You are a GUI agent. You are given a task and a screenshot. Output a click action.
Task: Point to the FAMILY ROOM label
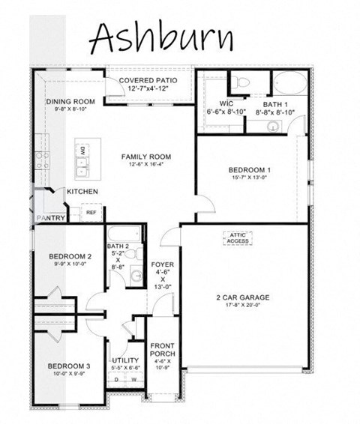[x=147, y=157]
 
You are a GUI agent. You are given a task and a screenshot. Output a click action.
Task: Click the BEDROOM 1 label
[x=250, y=170]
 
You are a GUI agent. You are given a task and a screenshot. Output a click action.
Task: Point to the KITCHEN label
[x=82, y=192]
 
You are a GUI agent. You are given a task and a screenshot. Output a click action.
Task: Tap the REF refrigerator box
[x=91, y=213]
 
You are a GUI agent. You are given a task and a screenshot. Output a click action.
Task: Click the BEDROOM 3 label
[x=69, y=366]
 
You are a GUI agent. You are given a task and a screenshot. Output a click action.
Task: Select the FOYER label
[x=163, y=264]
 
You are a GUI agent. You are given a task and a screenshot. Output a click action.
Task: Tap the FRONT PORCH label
[x=162, y=351]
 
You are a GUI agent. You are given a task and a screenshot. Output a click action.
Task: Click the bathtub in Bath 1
[x=286, y=82]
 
